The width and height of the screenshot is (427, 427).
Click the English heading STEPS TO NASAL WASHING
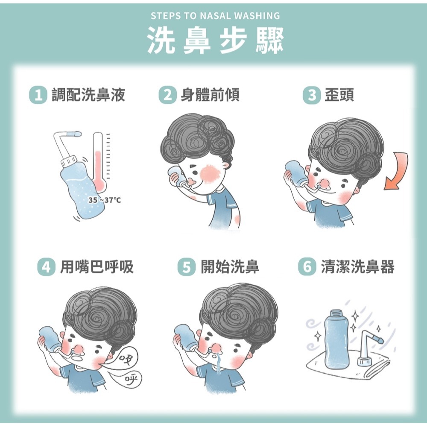215,16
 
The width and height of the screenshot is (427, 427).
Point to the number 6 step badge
306,268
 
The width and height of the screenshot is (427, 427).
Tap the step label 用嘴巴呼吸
97,268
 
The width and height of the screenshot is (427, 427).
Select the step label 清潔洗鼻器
357,268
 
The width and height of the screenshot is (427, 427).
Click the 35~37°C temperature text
104,200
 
